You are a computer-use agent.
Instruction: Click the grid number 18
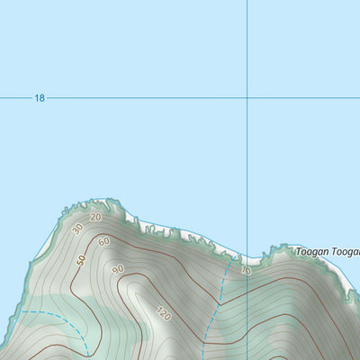tap(39, 97)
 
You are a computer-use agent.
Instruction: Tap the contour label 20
tap(95, 217)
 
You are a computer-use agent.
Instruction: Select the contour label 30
tap(78, 229)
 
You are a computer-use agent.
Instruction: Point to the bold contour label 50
tap(81, 260)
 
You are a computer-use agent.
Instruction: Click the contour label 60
tap(103, 241)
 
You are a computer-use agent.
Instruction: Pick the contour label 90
tap(118, 269)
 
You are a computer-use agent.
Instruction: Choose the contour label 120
tap(162, 314)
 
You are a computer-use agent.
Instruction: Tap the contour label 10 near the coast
tap(246, 270)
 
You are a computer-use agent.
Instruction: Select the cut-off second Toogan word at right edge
tap(346, 253)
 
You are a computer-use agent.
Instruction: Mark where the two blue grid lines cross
tap(247, 97)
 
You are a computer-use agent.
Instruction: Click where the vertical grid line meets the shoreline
tap(247, 257)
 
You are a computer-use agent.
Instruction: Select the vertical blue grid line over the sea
tap(247, 45)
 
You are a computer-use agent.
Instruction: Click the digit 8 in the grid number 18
tap(41, 97)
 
